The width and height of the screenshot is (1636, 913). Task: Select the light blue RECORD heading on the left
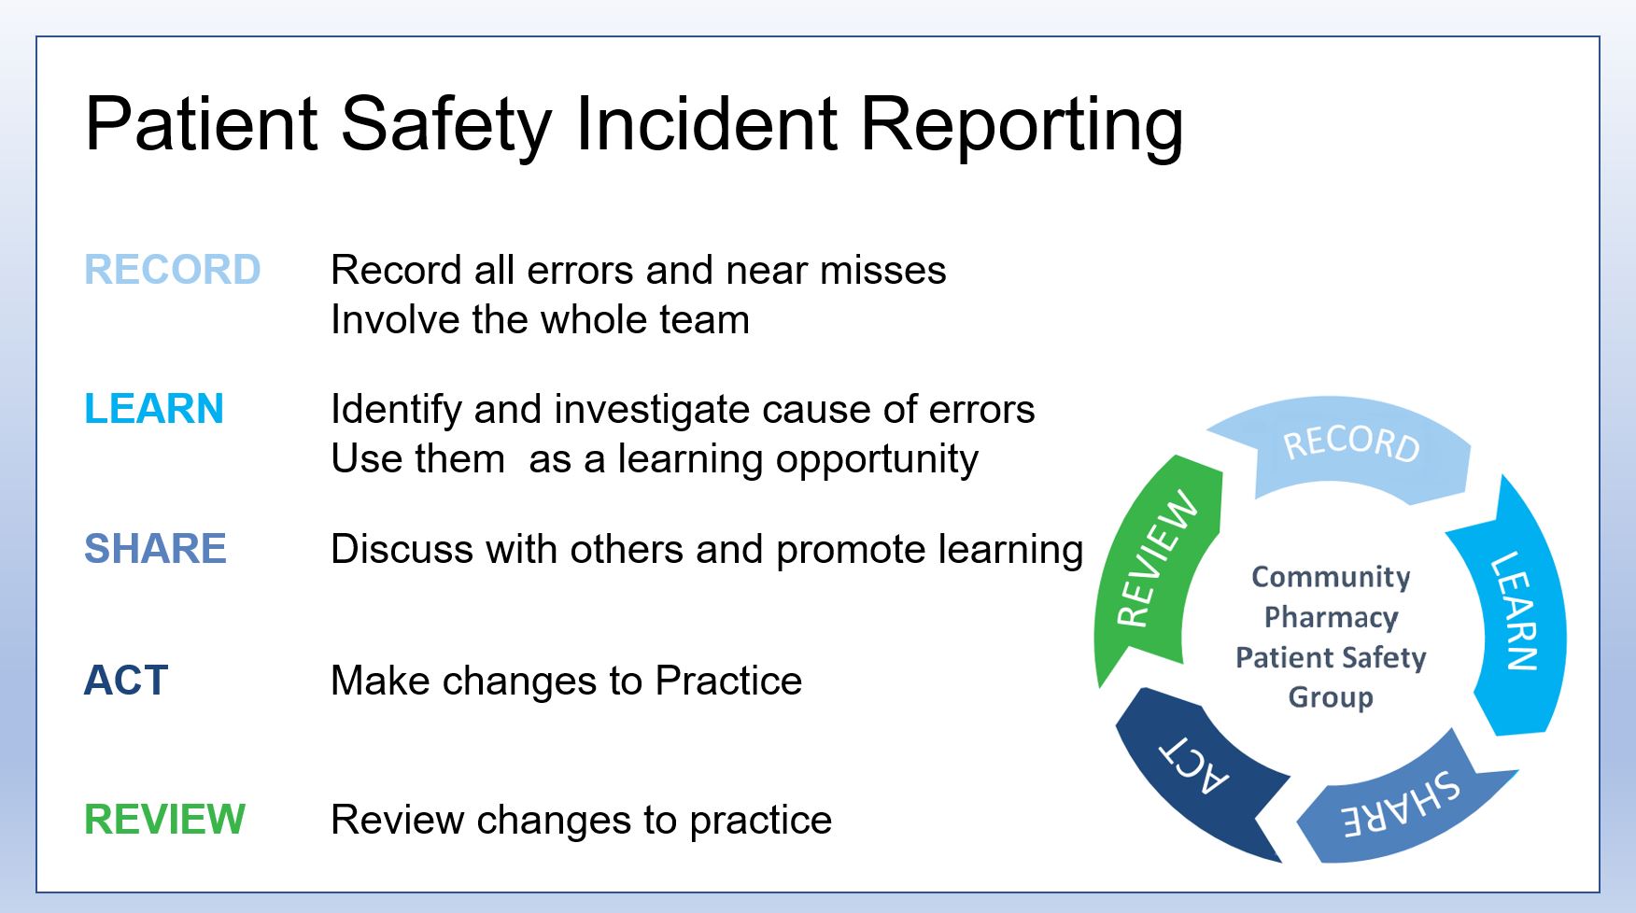pyautogui.click(x=173, y=270)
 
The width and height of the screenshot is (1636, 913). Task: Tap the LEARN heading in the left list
pyautogui.click(x=154, y=409)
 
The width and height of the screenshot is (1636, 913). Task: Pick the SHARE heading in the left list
pyautogui.click(x=155, y=548)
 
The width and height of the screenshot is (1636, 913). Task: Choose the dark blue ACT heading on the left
pyautogui.click(x=126, y=681)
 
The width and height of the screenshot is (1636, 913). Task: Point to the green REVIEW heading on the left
pyautogui.click(x=164, y=820)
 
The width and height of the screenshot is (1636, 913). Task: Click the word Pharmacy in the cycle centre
pyautogui.click(x=1331, y=618)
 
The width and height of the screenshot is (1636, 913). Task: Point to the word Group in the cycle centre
pyautogui.click(x=1331, y=697)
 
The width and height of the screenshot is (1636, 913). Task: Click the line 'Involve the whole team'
pyautogui.click(x=540, y=320)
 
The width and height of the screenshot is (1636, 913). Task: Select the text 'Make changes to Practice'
pyautogui.click(x=566, y=681)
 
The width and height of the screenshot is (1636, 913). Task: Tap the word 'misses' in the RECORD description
pyautogui.click(x=882, y=271)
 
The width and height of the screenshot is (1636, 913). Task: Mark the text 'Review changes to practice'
pyautogui.click(x=581, y=821)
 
